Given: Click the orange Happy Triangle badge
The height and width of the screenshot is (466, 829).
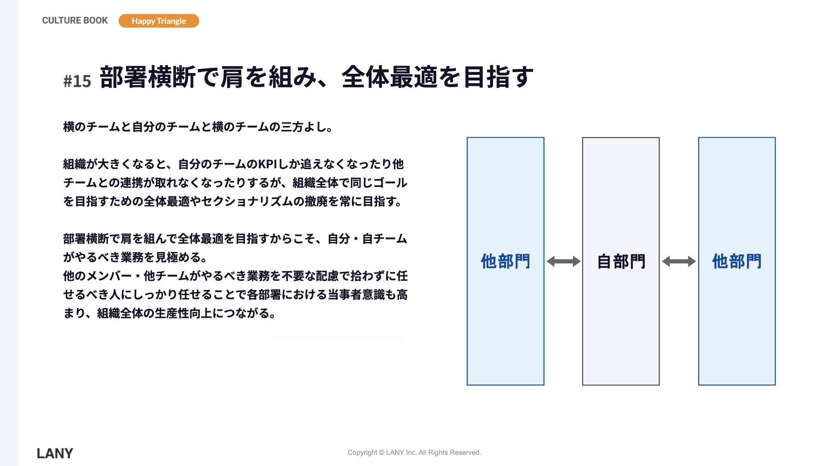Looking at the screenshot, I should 158,21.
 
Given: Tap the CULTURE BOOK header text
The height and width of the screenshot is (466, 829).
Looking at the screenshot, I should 75,20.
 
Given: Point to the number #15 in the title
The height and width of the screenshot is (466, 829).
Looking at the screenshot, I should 77,81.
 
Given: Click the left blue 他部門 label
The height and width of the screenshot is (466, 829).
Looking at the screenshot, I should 505,261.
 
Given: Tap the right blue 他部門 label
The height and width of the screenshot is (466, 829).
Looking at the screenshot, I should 737,261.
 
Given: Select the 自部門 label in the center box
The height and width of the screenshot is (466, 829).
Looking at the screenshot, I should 621,261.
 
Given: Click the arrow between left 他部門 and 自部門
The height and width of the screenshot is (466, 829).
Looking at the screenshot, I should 563,261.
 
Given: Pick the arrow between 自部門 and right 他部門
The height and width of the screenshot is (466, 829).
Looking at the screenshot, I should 679,261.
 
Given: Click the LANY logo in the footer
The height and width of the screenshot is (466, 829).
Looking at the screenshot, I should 55,453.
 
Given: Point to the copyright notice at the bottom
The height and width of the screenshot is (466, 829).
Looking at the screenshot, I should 414,452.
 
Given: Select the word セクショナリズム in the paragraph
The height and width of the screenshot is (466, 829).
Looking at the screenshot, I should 247,202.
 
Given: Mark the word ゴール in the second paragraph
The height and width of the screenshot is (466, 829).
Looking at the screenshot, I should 390,183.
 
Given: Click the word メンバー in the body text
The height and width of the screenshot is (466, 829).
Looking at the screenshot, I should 109,276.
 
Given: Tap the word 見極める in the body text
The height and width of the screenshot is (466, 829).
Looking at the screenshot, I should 178,258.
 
